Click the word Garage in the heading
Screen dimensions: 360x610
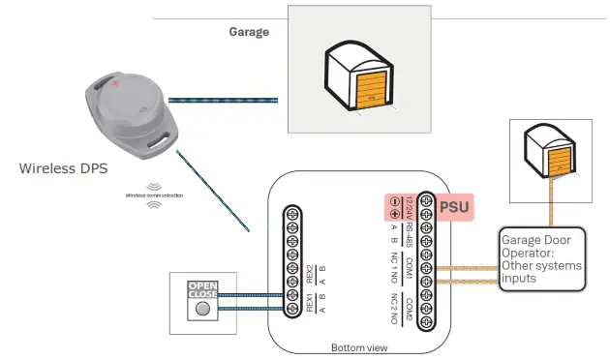pyautogui.click(x=249, y=31)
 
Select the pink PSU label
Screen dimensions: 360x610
pyautogui.click(x=456, y=206)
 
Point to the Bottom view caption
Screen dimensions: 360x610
pyautogui.click(x=358, y=345)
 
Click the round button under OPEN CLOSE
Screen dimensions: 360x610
pyautogui.click(x=202, y=311)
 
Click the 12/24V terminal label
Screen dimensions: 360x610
pyautogui.click(x=410, y=207)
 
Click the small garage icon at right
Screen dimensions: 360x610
pyautogui.click(x=551, y=153)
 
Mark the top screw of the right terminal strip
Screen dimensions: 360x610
pyautogui.click(x=425, y=200)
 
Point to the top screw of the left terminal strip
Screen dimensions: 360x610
pyautogui.click(x=291, y=214)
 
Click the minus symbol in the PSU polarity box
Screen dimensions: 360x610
pyautogui.click(x=395, y=200)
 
